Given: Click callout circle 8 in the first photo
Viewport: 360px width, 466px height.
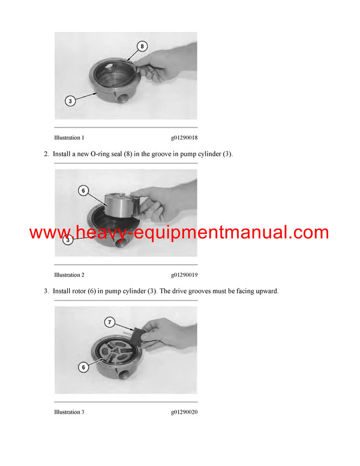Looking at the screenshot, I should [142, 45].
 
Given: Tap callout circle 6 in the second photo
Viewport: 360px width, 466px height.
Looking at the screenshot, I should [83, 191].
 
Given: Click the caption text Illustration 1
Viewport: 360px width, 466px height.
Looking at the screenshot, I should [69, 138].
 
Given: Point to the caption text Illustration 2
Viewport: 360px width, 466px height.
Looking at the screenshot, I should [69, 275].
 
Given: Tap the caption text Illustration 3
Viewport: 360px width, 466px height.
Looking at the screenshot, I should [69, 412].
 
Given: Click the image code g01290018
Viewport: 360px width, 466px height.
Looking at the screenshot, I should [184, 138].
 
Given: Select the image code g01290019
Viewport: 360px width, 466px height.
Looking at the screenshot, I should [184, 275].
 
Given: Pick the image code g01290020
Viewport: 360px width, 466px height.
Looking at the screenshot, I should [184, 412].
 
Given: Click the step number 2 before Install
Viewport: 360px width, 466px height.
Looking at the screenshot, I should [46, 154].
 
